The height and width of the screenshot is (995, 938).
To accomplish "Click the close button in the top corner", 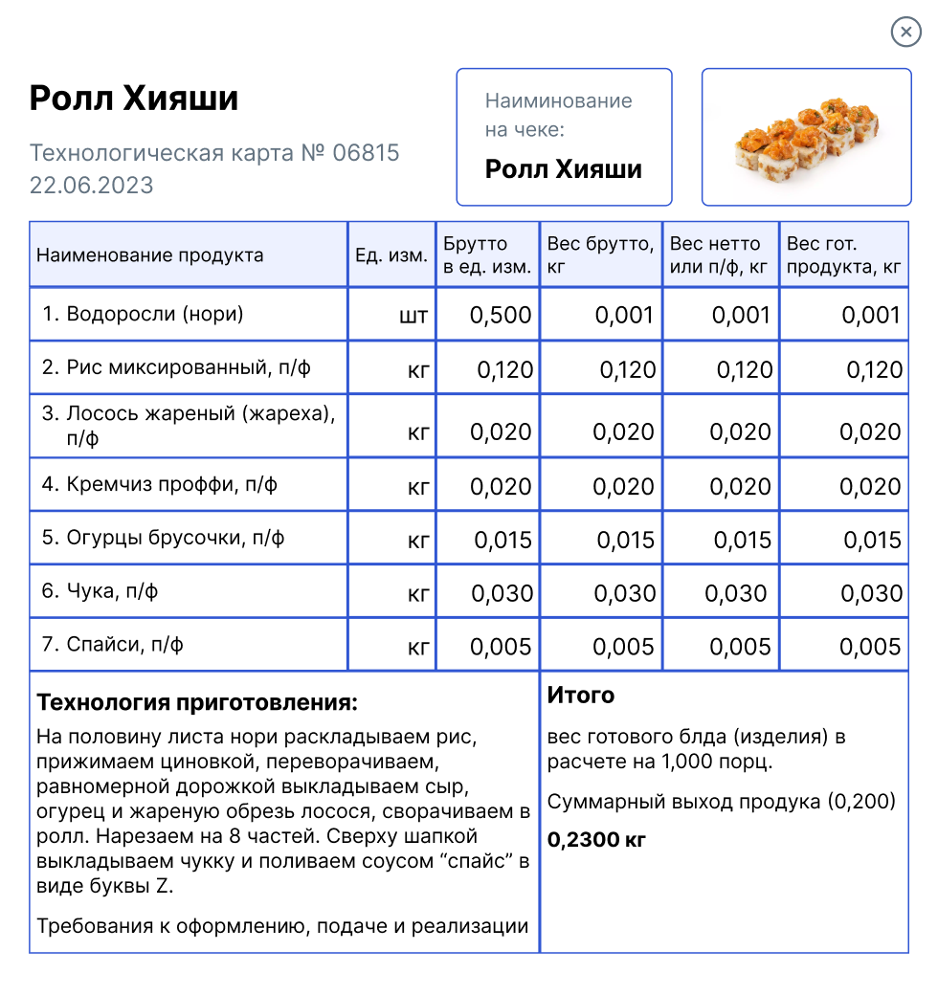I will (905, 33).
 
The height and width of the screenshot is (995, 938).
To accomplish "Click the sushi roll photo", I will (806, 137).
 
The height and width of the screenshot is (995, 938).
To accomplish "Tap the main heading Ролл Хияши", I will (134, 99).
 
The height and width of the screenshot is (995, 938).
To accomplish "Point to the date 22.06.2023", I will (91, 185).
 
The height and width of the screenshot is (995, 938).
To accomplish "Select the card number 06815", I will (366, 153).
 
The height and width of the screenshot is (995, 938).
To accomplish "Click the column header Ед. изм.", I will (391, 255).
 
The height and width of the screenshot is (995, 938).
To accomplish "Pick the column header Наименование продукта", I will (149, 255).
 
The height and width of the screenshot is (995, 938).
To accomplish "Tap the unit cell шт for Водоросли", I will (413, 316).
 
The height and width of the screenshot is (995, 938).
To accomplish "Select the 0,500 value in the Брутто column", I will (501, 316).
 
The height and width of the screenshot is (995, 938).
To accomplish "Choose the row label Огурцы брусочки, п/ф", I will (163, 538).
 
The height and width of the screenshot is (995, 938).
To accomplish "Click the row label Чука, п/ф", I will (100, 591).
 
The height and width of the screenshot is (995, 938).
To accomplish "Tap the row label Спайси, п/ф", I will (113, 645).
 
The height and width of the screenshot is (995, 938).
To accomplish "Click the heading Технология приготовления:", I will (196, 703).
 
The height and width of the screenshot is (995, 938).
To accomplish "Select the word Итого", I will (581, 696).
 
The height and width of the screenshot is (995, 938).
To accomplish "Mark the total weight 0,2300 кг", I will (596, 840).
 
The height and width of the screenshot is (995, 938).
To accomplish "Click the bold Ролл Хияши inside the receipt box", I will (563, 169).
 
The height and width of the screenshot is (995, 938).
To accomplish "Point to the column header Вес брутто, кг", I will (600, 255).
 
